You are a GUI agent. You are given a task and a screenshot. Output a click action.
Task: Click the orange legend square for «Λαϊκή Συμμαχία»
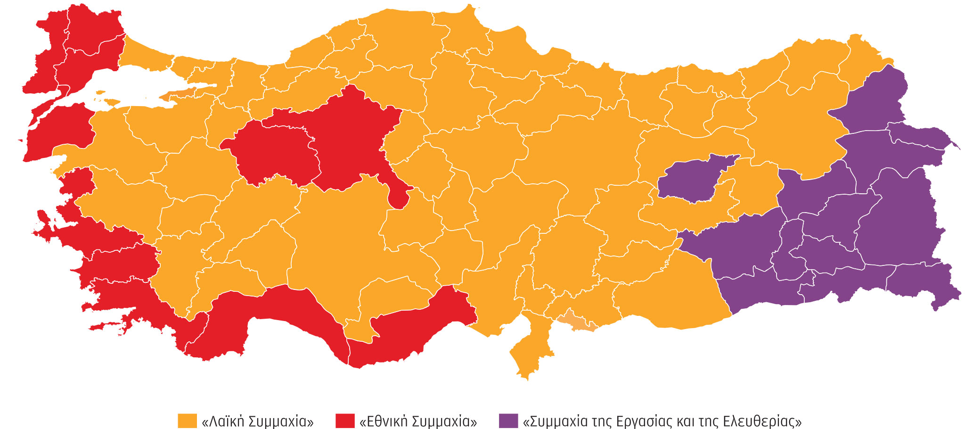pyautogui.click(x=187, y=421)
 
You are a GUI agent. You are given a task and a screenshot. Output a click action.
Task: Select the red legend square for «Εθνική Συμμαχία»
pyautogui.click(x=345, y=421)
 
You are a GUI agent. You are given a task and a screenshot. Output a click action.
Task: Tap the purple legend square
pyautogui.click(x=508, y=421)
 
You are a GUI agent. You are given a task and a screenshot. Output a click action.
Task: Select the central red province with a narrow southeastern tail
pyautogui.click(x=358, y=141)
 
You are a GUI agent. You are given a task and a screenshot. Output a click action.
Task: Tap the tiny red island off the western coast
pyautogui.click(x=20, y=140)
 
